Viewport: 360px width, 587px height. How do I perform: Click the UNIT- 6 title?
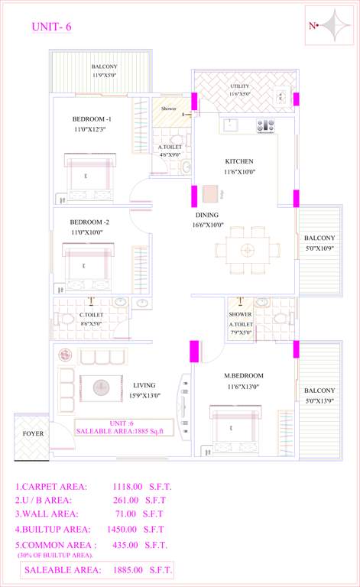pos(52,28)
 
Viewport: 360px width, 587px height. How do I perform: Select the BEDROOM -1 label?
pos(92,119)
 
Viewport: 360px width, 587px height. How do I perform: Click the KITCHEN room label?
pos(238,161)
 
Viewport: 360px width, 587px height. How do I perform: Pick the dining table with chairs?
pos(248,250)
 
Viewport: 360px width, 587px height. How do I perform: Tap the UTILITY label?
pos(240,86)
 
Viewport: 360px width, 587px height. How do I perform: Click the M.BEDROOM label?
pos(244,375)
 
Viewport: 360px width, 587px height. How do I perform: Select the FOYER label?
pos(33,433)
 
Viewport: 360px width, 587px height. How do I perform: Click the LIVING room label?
pos(144,385)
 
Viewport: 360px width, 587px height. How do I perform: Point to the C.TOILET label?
pos(92,314)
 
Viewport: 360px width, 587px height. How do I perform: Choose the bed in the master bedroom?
pos(238,432)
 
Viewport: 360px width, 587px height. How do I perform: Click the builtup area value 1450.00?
pos(122,529)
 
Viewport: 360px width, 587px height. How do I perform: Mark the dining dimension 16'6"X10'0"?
pos(208,225)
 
